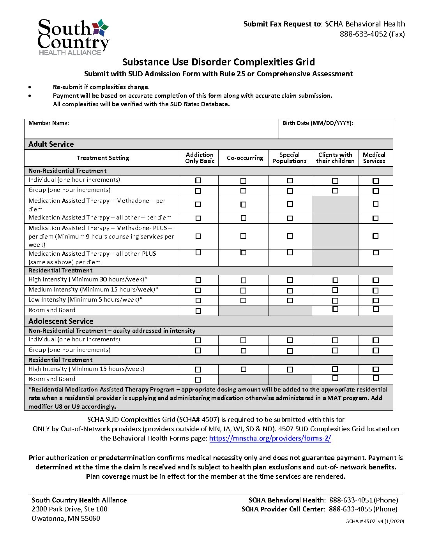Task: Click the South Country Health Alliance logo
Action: [x=73, y=37]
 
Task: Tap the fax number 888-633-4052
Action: [x=363, y=34]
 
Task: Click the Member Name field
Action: [x=151, y=129]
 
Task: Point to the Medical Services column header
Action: [x=374, y=158]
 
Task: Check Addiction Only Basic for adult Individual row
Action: [x=198, y=181]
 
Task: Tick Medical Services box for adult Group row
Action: [x=376, y=191]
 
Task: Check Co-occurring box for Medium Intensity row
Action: [x=244, y=290]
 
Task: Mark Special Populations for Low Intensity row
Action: [x=290, y=300]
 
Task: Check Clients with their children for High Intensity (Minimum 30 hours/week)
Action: [x=335, y=280]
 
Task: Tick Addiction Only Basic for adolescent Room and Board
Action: [x=198, y=379]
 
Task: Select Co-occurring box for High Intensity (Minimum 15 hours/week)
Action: [x=244, y=369]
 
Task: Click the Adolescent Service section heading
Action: [x=61, y=321]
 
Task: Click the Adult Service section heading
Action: [x=51, y=144]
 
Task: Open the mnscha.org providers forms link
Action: [x=270, y=438]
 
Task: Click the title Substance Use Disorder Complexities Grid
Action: [x=219, y=62]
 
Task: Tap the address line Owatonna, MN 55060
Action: [x=66, y=518]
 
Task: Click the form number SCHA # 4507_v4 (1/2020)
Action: [x=375, y=522]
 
